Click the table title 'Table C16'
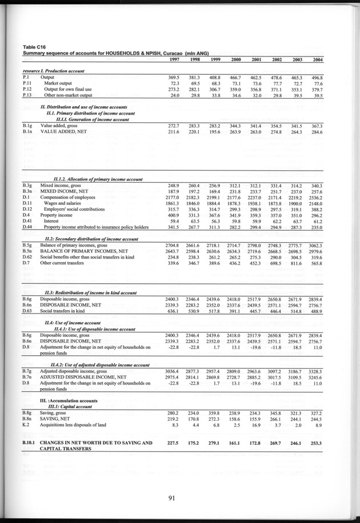[x=34, y=47]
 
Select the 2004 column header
[x=317, y=60]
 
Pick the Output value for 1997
[x=174, y=77]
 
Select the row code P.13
[x=27, y=96]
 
